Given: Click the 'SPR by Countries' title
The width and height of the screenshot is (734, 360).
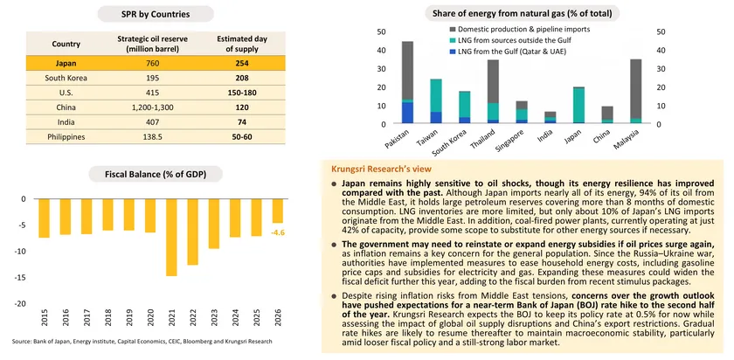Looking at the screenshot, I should coord(144,14).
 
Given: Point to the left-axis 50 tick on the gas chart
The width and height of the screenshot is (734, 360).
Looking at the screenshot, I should coord(381,32).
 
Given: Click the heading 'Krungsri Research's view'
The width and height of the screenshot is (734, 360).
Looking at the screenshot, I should coord(380,167).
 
